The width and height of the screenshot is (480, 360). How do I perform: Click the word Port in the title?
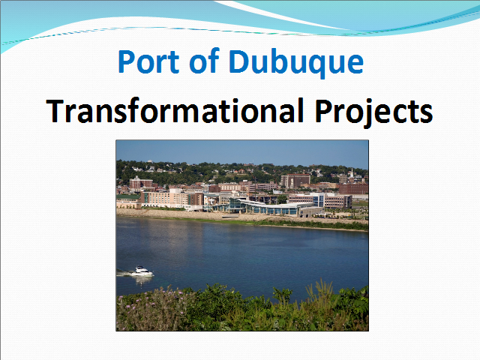[148, 61]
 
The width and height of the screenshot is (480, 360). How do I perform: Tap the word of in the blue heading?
[205, 61]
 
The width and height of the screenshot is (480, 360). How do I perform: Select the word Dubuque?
[296, 62]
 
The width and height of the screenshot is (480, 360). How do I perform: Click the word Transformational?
[175, 110]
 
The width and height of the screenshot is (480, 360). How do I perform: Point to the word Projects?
[373, 112]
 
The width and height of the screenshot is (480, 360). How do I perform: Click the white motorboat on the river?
[142, 271]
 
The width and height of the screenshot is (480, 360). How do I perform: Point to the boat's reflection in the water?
[142, 280]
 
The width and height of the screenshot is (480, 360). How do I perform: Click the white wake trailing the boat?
[124, 273]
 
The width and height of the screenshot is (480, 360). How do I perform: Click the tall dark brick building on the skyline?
[295, 180]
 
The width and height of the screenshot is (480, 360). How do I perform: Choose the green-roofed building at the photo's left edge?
[128, 200]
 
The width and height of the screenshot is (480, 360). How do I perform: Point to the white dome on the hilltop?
[150, 161]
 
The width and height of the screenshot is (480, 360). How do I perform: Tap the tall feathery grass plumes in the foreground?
[320, 292]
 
